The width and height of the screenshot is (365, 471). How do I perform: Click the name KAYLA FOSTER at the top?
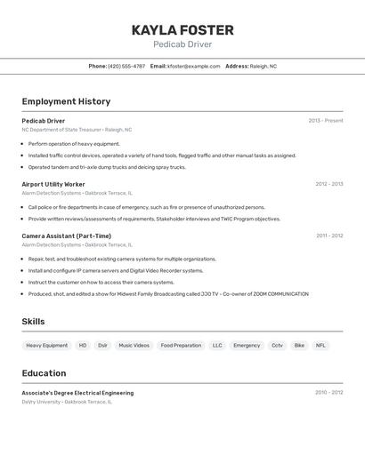point(182,30)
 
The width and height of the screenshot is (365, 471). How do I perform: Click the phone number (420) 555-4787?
point(126,66)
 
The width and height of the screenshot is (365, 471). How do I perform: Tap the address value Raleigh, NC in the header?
point(263,66)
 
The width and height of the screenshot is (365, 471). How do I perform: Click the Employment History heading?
point(66,101)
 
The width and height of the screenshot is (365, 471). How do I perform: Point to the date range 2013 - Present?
point(325,121)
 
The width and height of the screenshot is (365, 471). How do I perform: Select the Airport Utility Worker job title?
point(53,184)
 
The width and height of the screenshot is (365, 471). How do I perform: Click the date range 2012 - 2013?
point(328,184)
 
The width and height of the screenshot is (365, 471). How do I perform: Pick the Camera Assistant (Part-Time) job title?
point(67,235)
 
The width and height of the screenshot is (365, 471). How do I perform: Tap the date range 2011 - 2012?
point(328,235)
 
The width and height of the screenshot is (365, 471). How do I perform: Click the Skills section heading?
point(33,322)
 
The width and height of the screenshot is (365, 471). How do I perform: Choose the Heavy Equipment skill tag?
point(46,345)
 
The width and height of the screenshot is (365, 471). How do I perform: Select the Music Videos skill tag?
point(134,345)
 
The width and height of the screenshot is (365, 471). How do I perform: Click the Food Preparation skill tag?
point(181,345)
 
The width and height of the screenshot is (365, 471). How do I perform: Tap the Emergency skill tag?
point(247,345)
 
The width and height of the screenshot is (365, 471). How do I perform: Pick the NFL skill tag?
point(320,345)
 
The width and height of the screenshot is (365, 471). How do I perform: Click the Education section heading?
point(44,373)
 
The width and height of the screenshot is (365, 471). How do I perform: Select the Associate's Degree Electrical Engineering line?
point(77,392)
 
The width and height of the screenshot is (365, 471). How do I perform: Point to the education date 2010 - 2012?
point(328,392)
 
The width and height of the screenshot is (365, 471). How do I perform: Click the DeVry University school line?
point(67,402)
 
